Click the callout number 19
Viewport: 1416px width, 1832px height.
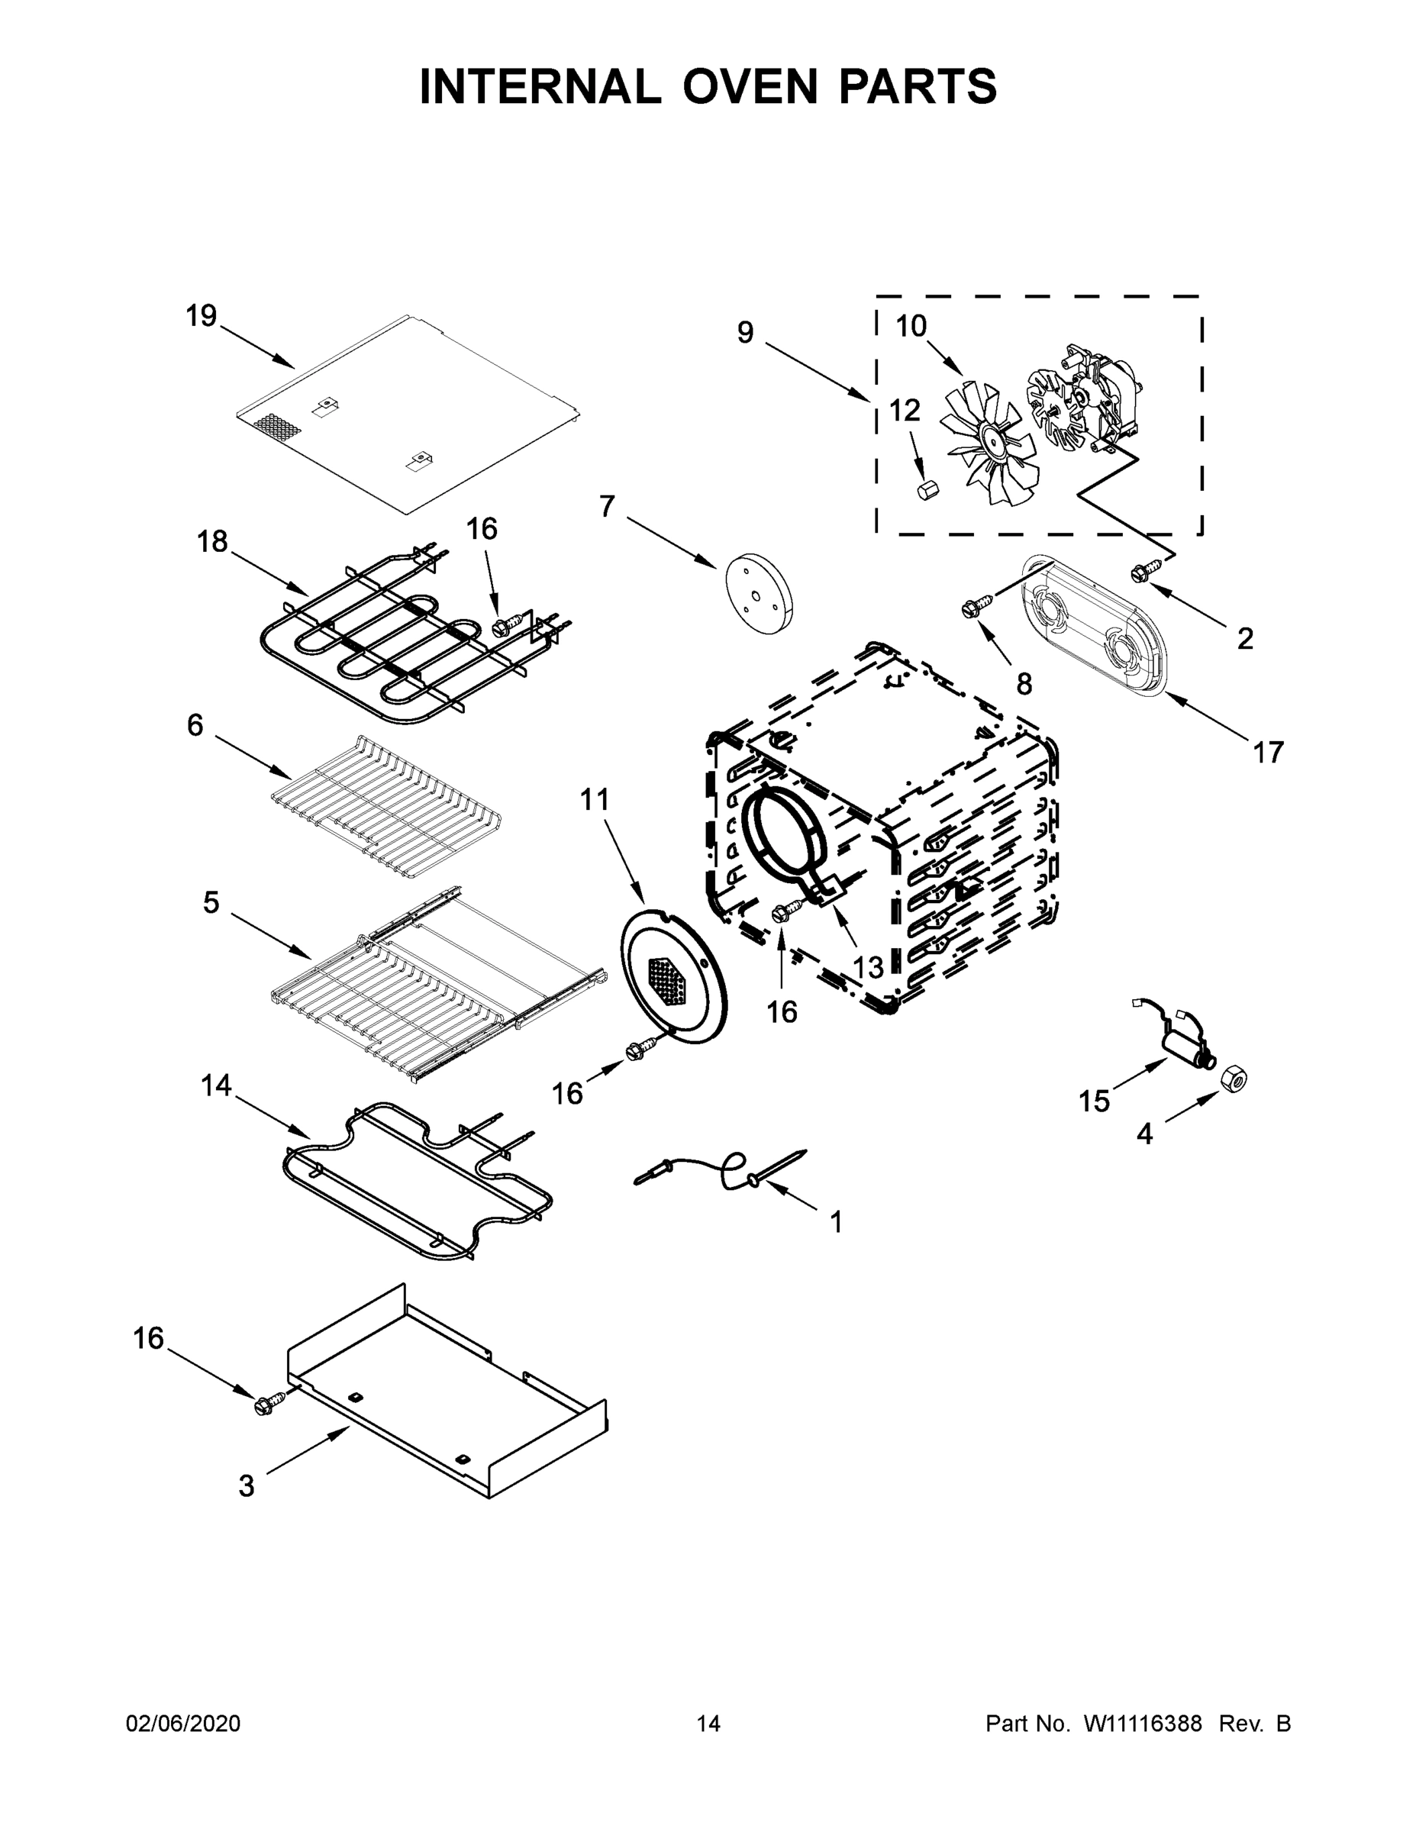click(202, 316)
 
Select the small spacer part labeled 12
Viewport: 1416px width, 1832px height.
click(927, 490)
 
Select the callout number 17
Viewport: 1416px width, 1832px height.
click(1269, 753)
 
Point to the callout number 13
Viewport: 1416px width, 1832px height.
click(868, 967)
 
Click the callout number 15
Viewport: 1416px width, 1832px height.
click(1094, 1101)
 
